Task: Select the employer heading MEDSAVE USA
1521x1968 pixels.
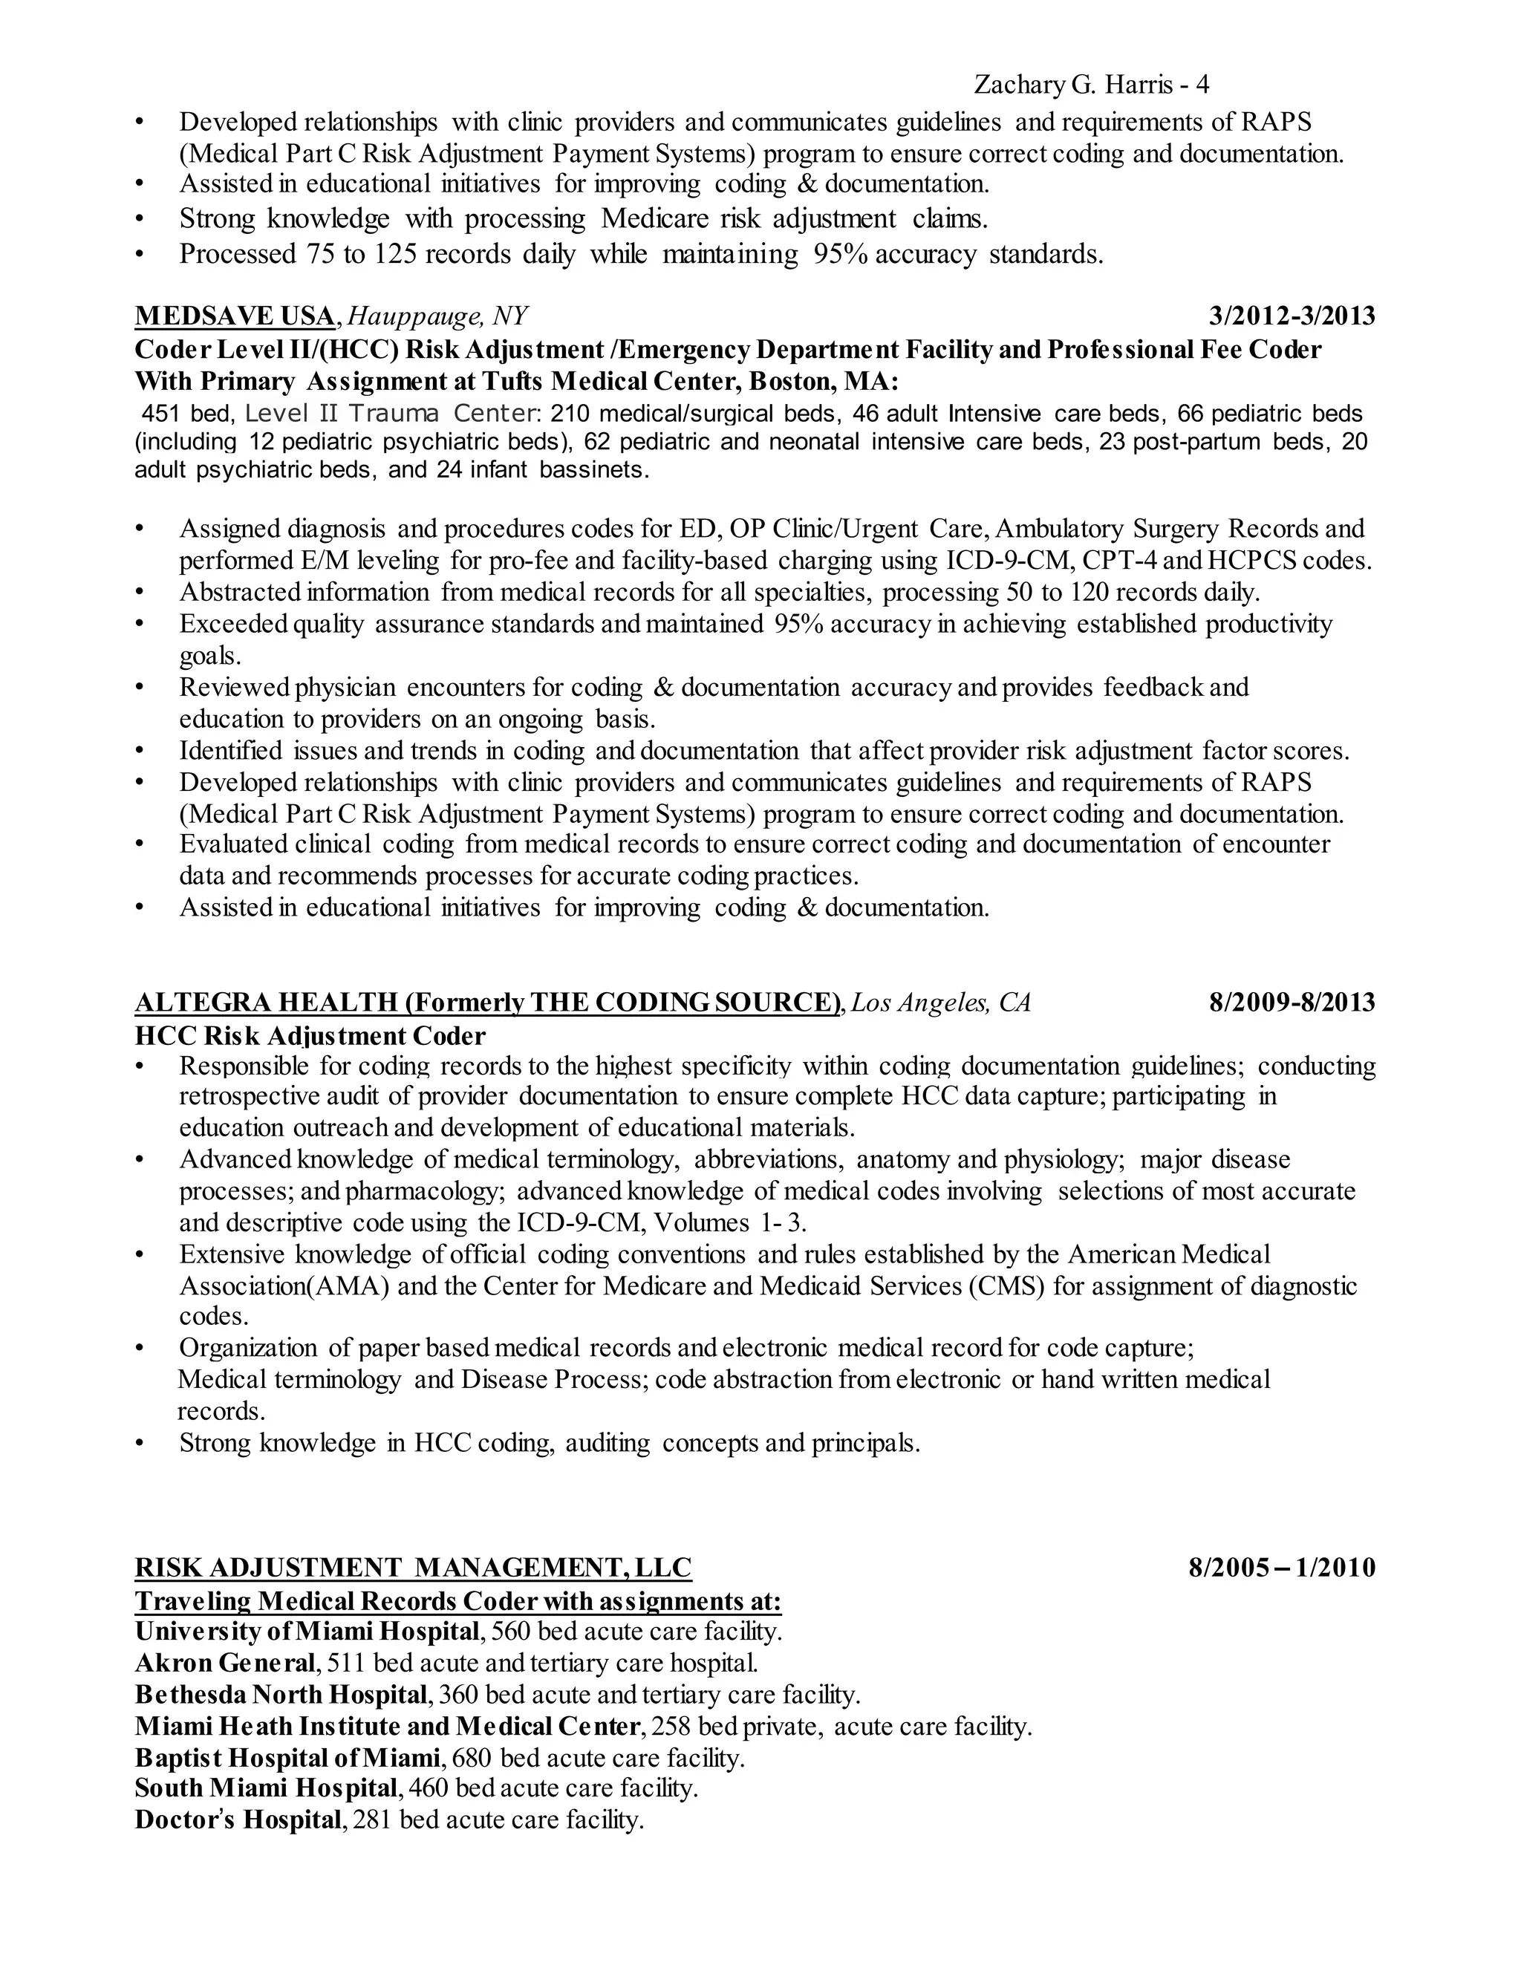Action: click(234, 316)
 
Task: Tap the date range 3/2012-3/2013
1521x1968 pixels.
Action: click(1292, 316)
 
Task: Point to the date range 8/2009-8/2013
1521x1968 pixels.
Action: click(1292, 1002)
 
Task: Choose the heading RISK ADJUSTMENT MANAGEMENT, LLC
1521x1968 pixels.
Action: click(413, 1567)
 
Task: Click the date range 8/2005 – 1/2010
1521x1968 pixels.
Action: click(1281, 1567)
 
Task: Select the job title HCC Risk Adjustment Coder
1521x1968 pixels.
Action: click(310, 1035)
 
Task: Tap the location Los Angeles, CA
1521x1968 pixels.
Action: click(941, 1002)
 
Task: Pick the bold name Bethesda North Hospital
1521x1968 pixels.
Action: click(280, 1694)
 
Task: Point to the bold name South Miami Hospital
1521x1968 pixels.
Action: click(267, 1788)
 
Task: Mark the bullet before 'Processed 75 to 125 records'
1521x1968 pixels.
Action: click(139, 255)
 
